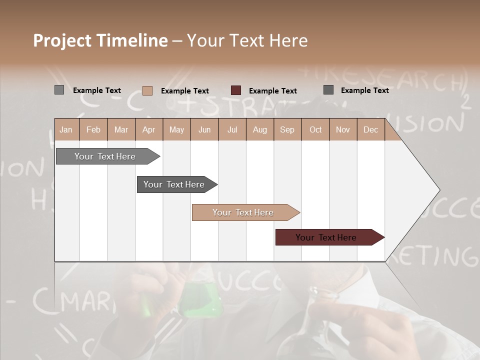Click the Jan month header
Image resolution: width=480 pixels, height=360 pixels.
click(x=66, y=129)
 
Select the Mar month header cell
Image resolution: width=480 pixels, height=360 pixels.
click(x=121, y=129)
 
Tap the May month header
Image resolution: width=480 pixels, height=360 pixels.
click(x=176, y=129)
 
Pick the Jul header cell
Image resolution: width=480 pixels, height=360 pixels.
click(x=232, y=129)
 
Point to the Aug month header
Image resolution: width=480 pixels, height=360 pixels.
click(x=259, y=129)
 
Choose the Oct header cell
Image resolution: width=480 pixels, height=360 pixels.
click(x=315, y=129)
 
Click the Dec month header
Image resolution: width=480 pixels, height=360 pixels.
click(x=370, y=129)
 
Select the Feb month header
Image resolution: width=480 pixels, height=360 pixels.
click(x=93, y=129)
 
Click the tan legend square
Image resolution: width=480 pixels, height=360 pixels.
click(x=147, y=90)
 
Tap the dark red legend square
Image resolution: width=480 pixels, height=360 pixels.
click(x=236, y=90)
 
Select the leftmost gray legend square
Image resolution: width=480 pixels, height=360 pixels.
click(x=59, y=90)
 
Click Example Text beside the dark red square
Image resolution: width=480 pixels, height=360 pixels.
click(x=272, y=91)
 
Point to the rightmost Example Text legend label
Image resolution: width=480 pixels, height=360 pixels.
click(x=364, y=90)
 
